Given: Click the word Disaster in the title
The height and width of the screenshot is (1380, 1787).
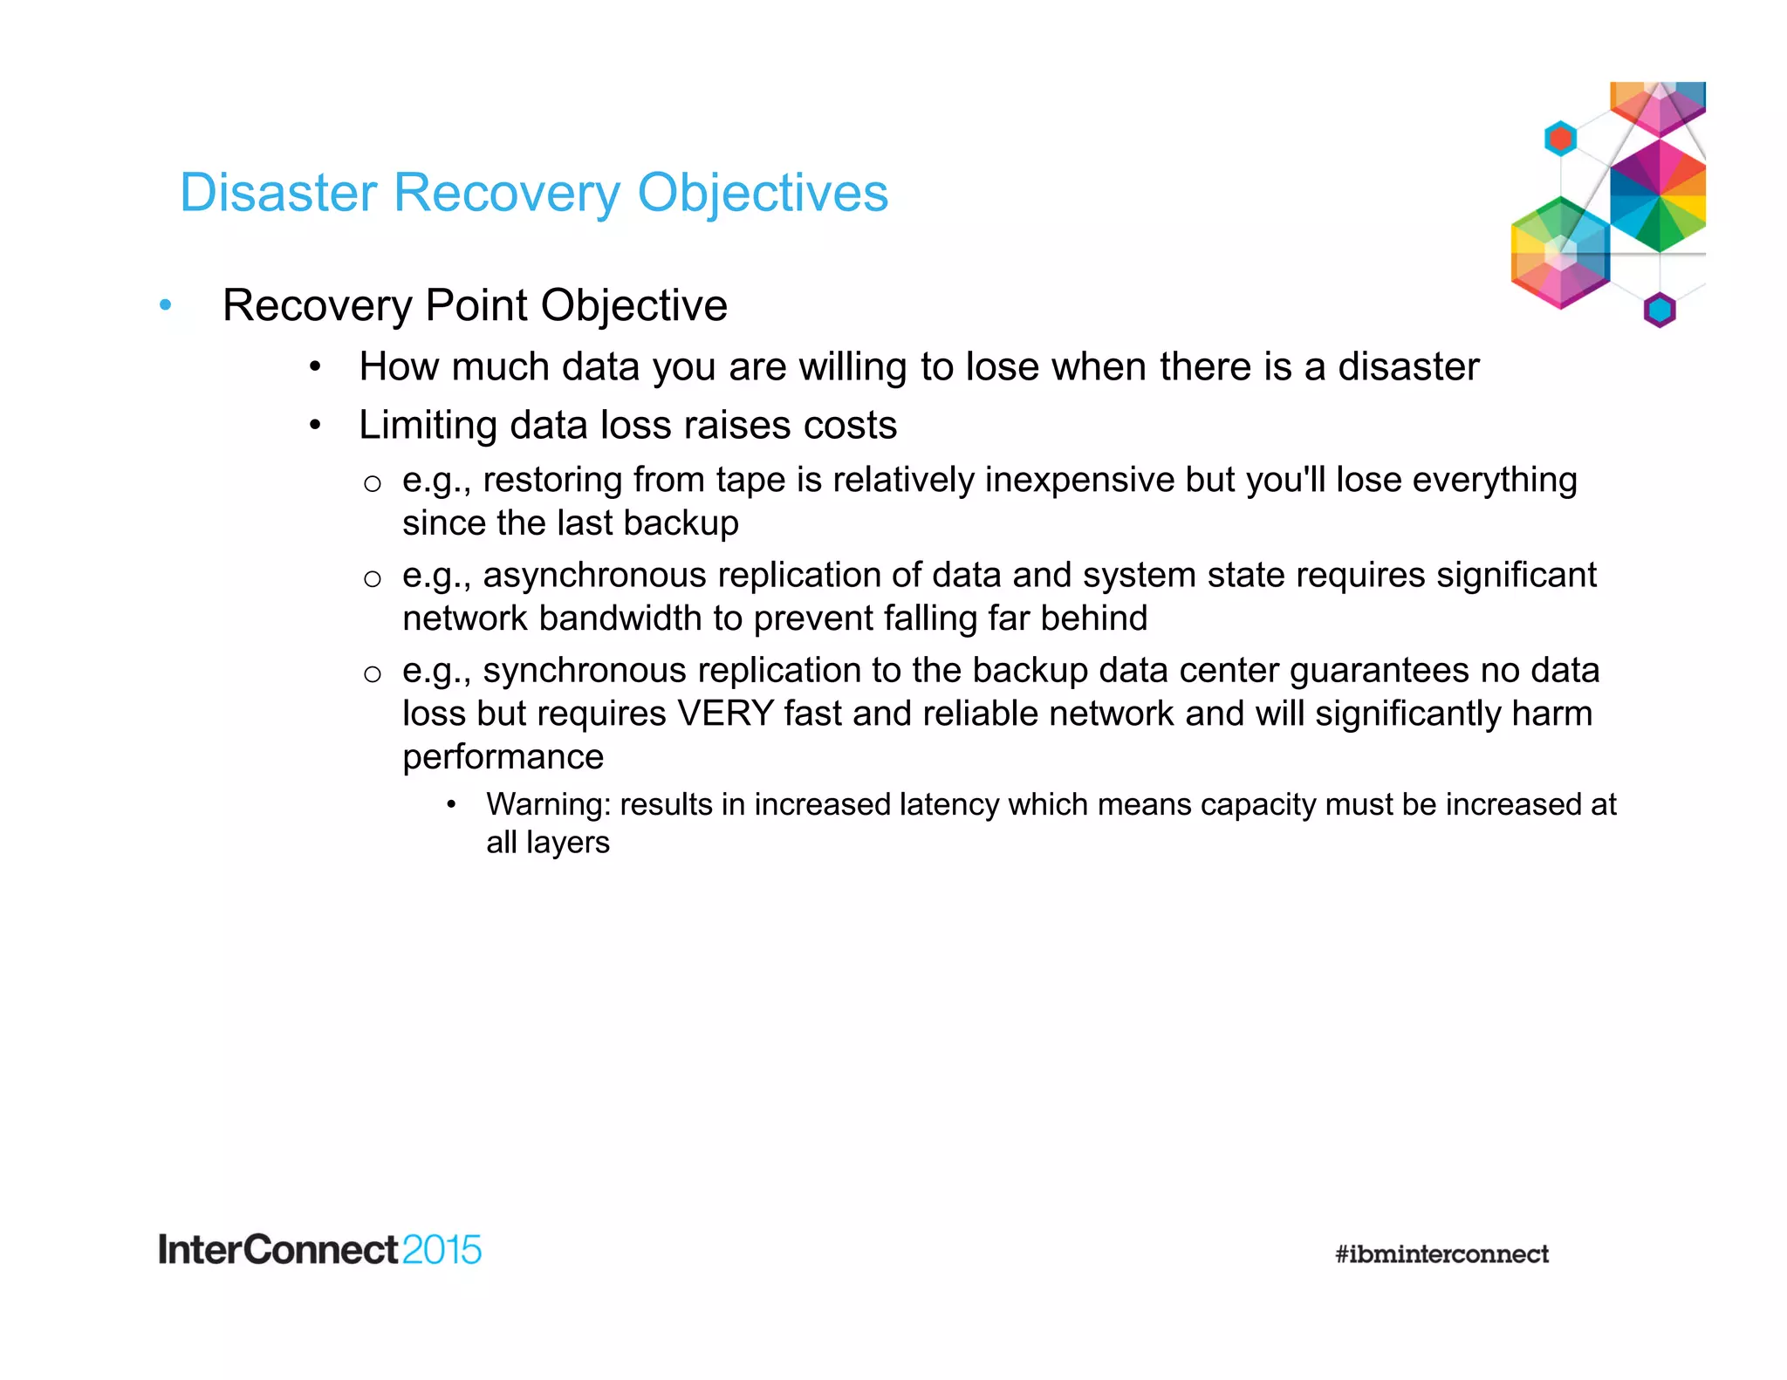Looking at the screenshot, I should click(278, 193).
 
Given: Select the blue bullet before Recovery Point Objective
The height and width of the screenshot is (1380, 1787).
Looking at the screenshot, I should click(166, 305).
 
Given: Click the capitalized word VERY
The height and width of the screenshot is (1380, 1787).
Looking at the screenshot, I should click(725, 714).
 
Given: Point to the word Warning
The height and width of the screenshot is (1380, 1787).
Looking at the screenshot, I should click(548, 804).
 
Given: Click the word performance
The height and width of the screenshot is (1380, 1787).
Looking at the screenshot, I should click(503, 757).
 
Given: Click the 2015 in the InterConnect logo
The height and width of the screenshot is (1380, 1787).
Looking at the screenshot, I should click(442, 1250).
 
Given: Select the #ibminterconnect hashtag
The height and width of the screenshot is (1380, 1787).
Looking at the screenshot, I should click(1441, 1254).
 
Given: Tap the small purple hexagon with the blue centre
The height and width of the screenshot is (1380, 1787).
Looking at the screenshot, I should click(1660, 310).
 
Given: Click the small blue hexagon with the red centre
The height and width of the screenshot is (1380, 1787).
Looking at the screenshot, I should click(1560, 139).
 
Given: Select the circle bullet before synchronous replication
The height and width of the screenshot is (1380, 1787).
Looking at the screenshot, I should click(373, 673).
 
